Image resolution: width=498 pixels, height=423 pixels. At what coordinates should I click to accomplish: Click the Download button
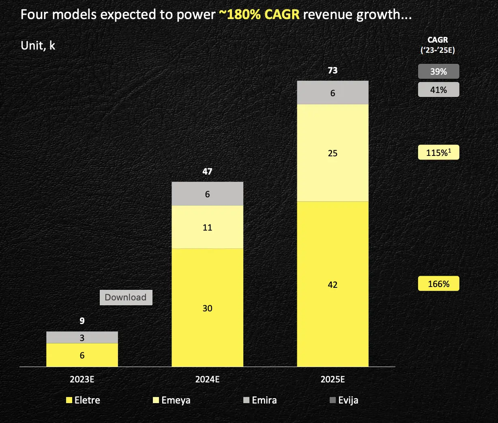click(x=126, y=297)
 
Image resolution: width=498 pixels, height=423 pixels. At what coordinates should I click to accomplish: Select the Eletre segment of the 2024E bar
click(x=207, y=307)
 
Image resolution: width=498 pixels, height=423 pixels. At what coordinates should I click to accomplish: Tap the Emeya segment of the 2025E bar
click(x=333, y=153)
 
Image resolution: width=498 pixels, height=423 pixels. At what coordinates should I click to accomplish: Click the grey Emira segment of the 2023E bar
click(x=82, y=337)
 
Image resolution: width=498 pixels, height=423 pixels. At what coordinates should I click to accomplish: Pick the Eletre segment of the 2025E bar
click(x=333, y=284)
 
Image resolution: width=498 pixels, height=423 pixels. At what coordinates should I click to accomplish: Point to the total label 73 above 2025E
click(x=333, y=71)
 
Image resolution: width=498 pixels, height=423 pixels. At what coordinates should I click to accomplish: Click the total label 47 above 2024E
click(x=207, y=171)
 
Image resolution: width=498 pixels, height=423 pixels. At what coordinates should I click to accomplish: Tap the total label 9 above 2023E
click(x=82, y=321)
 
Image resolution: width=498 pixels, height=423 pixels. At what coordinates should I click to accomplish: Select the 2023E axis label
click(x=82, y=380)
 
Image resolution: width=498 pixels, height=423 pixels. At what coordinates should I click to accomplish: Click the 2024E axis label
click(x=207, y=380)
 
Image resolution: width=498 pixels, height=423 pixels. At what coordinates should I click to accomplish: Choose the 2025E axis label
click(x=333, y=380)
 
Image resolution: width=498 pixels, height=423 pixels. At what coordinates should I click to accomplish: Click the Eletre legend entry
click(x=83, y=400)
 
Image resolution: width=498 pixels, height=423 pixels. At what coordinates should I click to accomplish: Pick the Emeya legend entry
click(x=172, y=400)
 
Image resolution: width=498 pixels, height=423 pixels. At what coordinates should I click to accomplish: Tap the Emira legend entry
click(x=260, y=400)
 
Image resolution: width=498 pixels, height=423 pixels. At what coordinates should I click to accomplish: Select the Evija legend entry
click(x=344, y=400)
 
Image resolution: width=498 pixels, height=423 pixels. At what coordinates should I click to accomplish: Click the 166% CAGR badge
click(x=438, y=284)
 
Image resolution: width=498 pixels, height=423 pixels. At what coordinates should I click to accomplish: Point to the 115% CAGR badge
click(x=438, y=153)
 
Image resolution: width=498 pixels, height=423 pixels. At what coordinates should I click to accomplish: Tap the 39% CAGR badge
click(x=438, y=71)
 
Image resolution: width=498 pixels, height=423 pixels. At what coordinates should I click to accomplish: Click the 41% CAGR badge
click(x=438, y=90)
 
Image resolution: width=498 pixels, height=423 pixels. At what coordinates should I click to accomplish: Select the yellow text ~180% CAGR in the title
click(x=259, y=15)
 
